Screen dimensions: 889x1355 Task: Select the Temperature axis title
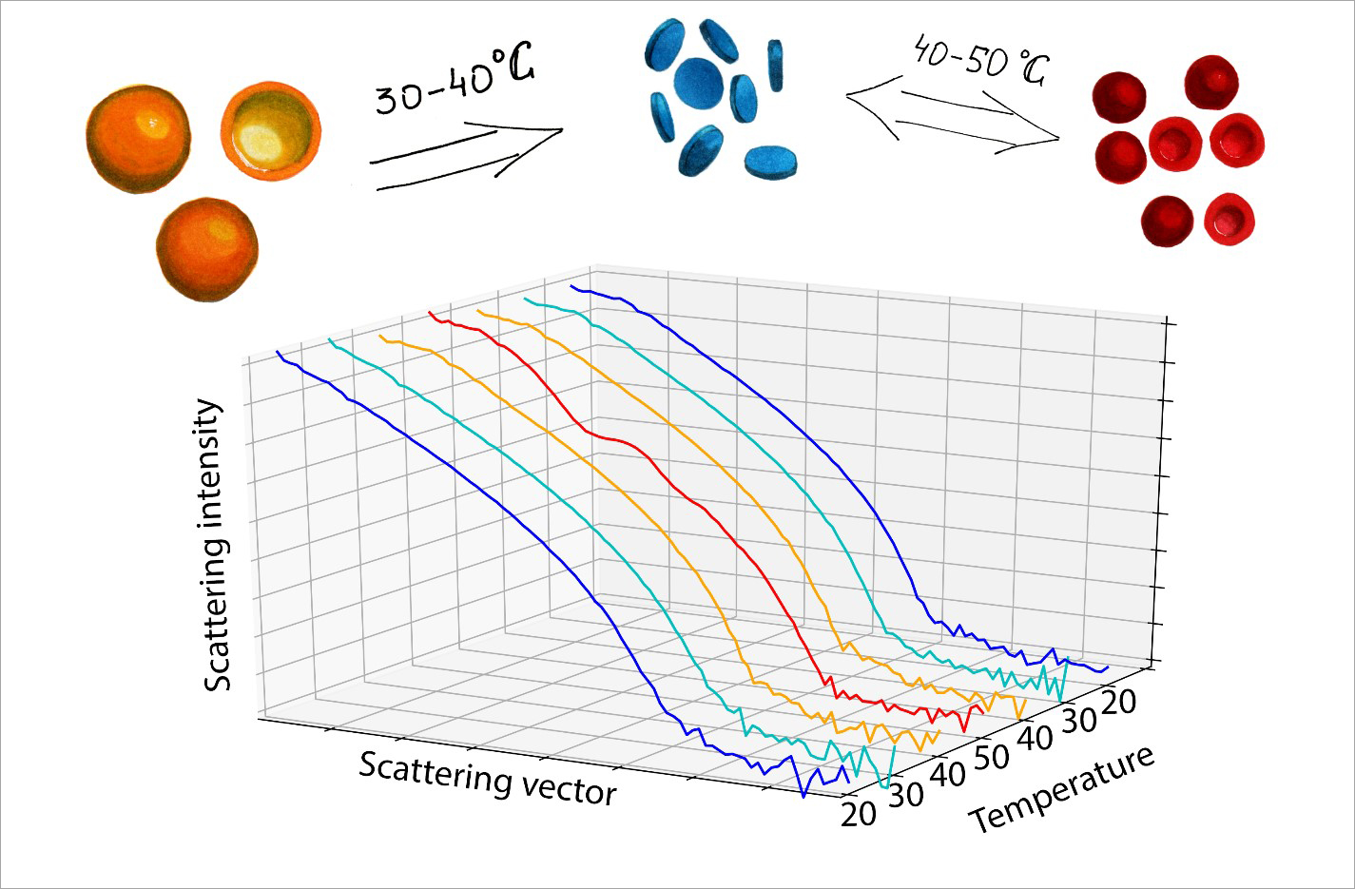(x=1062, y=788)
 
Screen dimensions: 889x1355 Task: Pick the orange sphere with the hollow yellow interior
(x=270, y=131)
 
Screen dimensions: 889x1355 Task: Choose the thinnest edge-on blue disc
(x=775, y=65)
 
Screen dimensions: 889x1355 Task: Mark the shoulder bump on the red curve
(x=618, y=441)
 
